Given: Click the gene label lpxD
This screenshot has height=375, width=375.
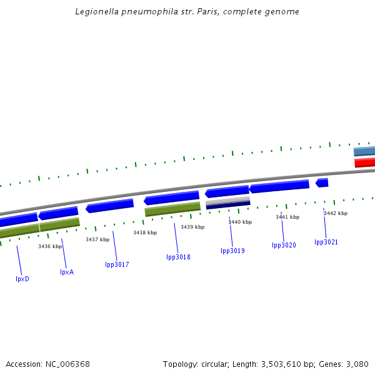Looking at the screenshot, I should (22, 279).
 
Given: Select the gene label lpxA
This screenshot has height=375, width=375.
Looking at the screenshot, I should (67, 272).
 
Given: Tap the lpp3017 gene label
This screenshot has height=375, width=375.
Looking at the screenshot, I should (117, 264).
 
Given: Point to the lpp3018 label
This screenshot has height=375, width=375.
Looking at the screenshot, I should (178, 257).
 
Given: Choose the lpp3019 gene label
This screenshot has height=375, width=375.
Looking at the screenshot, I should (232, 251).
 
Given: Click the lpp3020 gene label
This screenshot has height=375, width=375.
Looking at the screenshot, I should (284, 245).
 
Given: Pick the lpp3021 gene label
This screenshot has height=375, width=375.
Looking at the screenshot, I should (326, 242).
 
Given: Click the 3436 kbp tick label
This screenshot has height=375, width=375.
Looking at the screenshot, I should (50, 246).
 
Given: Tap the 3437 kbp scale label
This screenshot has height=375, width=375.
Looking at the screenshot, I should (97, 239).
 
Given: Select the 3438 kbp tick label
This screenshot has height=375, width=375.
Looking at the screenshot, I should (145, 232).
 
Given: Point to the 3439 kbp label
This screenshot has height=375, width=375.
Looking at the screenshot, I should (192, 227).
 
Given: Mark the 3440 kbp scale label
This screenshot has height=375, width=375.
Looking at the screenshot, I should (240, 222).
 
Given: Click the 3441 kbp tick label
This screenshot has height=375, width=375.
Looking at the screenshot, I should (287, 217).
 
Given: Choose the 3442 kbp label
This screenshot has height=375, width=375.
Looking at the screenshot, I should (335, 213).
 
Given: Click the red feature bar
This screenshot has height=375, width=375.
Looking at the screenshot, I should (364, 162).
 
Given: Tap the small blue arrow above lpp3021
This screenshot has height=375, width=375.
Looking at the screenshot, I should (322, 182).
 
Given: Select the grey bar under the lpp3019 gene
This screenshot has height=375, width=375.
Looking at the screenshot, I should (227, 201).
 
